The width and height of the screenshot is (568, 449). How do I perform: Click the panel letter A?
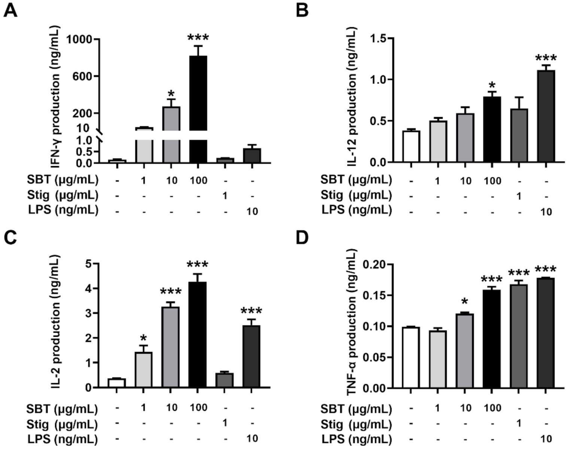pos(10,10)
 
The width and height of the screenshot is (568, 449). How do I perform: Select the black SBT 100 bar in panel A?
pos(198,109)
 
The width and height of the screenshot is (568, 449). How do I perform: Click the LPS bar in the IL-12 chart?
pos(546,116)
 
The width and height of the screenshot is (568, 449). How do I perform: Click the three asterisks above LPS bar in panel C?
pos(251,311)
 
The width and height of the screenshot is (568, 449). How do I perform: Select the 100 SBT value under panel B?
pos(492,181)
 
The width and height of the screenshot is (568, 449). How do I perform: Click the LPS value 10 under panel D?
pos(546,439)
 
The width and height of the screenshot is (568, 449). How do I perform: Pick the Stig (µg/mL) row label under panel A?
pos(63,195)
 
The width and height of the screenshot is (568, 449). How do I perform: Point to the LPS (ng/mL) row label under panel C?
pos(63,439)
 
